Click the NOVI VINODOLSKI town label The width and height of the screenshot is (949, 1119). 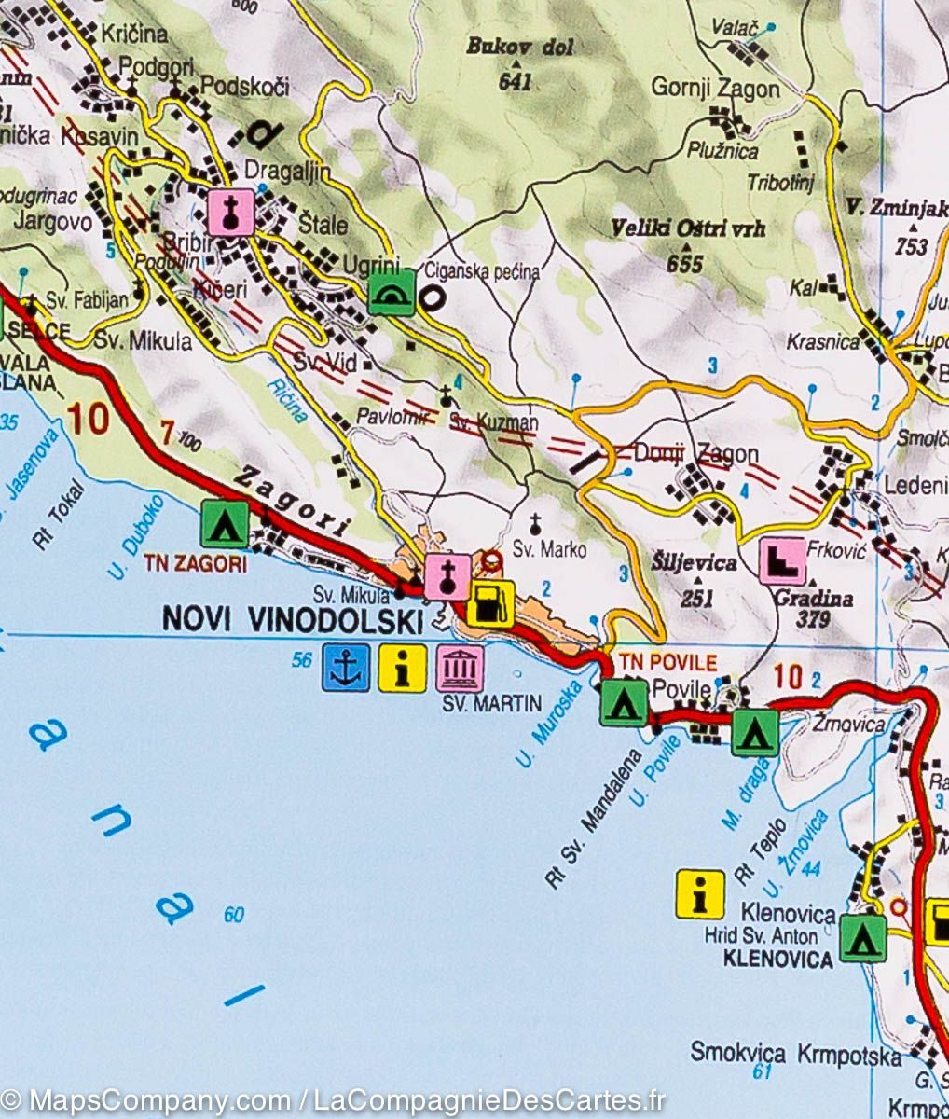293,618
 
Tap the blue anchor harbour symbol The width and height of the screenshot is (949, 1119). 346,668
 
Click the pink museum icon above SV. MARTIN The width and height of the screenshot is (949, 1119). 460,668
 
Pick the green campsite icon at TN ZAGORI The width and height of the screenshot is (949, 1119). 225,524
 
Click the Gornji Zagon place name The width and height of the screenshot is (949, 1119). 715,90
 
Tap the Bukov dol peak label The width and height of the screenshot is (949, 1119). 519,47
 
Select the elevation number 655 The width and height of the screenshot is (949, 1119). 684,264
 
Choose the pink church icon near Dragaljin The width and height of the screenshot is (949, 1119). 231,213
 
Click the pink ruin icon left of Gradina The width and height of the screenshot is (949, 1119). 783,561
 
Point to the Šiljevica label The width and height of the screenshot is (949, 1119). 695,563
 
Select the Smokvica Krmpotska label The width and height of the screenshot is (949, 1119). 795,1055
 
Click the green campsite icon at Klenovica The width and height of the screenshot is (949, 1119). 862,937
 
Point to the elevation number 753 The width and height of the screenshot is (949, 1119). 911,246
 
